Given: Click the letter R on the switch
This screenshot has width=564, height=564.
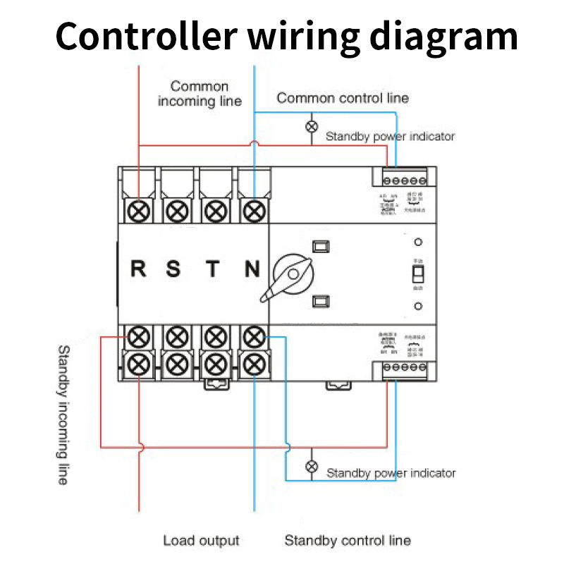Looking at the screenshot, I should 139,269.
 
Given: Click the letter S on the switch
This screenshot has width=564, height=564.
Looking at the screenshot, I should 173,269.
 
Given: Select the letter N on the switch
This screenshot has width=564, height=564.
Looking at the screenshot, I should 252,269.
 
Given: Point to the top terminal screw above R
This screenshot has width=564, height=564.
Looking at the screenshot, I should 139,210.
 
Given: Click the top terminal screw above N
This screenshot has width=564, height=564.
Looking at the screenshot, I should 254,210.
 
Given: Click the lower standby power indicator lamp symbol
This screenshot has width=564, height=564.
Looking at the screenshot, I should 311,467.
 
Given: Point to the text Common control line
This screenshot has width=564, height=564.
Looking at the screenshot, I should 343,98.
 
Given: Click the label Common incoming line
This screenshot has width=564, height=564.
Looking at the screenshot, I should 200,94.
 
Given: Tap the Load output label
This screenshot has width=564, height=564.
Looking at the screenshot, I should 201,541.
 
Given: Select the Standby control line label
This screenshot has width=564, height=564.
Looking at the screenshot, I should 347,541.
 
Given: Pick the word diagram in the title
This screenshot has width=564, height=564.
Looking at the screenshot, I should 442,35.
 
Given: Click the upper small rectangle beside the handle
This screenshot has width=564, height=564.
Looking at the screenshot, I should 321,246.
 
